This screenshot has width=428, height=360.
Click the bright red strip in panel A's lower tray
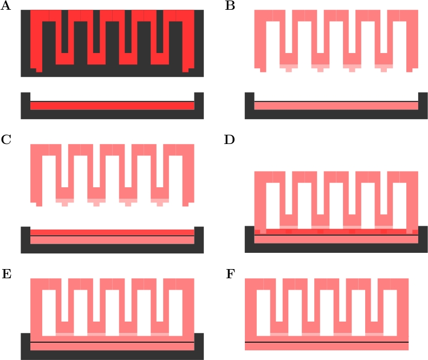(x=112, y=106)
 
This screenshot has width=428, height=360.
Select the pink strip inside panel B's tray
(x=336, y=106)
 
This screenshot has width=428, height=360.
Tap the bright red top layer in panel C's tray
(x=112, y=232)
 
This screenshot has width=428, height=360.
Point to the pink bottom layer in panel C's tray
(x=112, y=240)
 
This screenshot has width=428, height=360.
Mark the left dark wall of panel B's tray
(x=250, y=103)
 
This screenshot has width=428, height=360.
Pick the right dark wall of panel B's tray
(x=423, y=103)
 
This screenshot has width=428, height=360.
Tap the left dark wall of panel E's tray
(x=25, y=344)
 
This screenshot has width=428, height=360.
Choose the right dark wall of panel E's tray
(x=198, y=344)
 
